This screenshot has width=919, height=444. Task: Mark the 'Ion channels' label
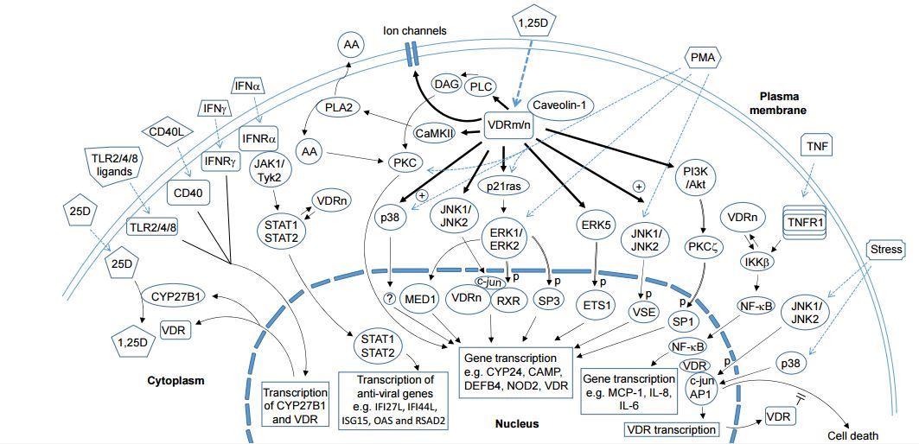[x=415, y=31]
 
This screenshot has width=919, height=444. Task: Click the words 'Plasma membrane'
[x=782, y=104]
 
